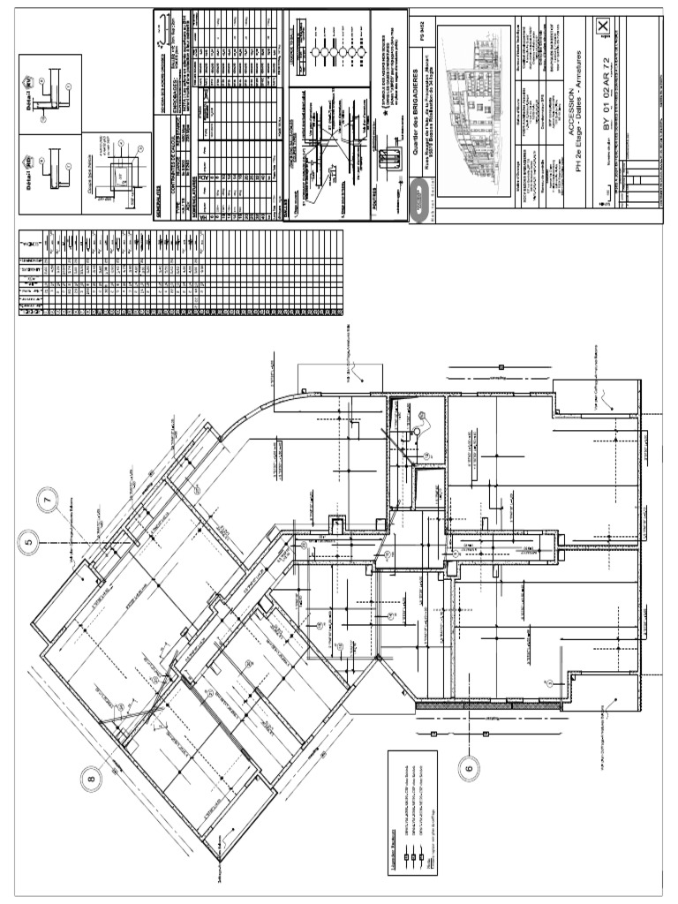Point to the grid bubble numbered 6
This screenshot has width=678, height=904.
(x=469, y=769)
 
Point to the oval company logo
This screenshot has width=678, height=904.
(x=419, y=200)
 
